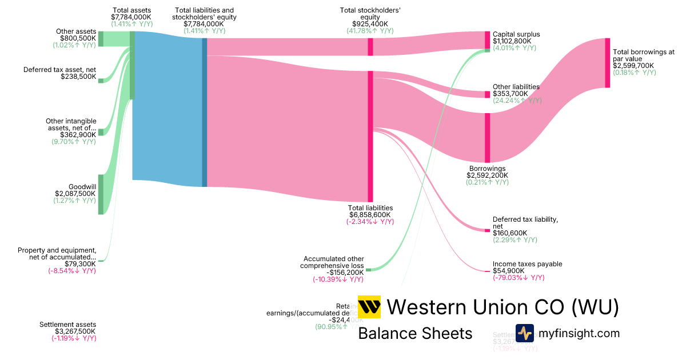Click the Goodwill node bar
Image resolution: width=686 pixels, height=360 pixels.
coord(101,194)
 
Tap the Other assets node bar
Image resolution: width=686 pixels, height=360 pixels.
coord(101,38)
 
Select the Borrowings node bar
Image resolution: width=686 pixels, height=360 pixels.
coord(488,138)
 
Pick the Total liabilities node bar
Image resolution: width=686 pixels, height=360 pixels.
coord(370,136)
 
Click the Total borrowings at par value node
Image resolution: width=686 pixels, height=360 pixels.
coord(607,63)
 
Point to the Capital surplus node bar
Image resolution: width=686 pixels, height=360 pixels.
coord(488,40)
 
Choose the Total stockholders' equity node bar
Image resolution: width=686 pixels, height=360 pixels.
coord(370,47)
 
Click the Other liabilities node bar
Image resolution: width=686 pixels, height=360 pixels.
coord(488,94)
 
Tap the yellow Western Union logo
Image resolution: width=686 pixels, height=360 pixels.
coord(369,307)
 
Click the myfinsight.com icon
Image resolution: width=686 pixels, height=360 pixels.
coord(524,333)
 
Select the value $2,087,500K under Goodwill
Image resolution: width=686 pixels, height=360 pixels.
coord(75,194)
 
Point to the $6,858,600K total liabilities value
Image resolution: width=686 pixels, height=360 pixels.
coord(371,215)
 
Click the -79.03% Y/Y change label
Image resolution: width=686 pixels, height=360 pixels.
coord(519,278)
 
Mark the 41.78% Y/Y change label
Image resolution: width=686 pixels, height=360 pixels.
coord(370,31)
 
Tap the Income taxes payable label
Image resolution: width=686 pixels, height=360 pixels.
coord(527,264)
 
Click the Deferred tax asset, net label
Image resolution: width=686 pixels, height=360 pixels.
coord(59,70)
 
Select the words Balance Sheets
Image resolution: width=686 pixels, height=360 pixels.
coord(415,333)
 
